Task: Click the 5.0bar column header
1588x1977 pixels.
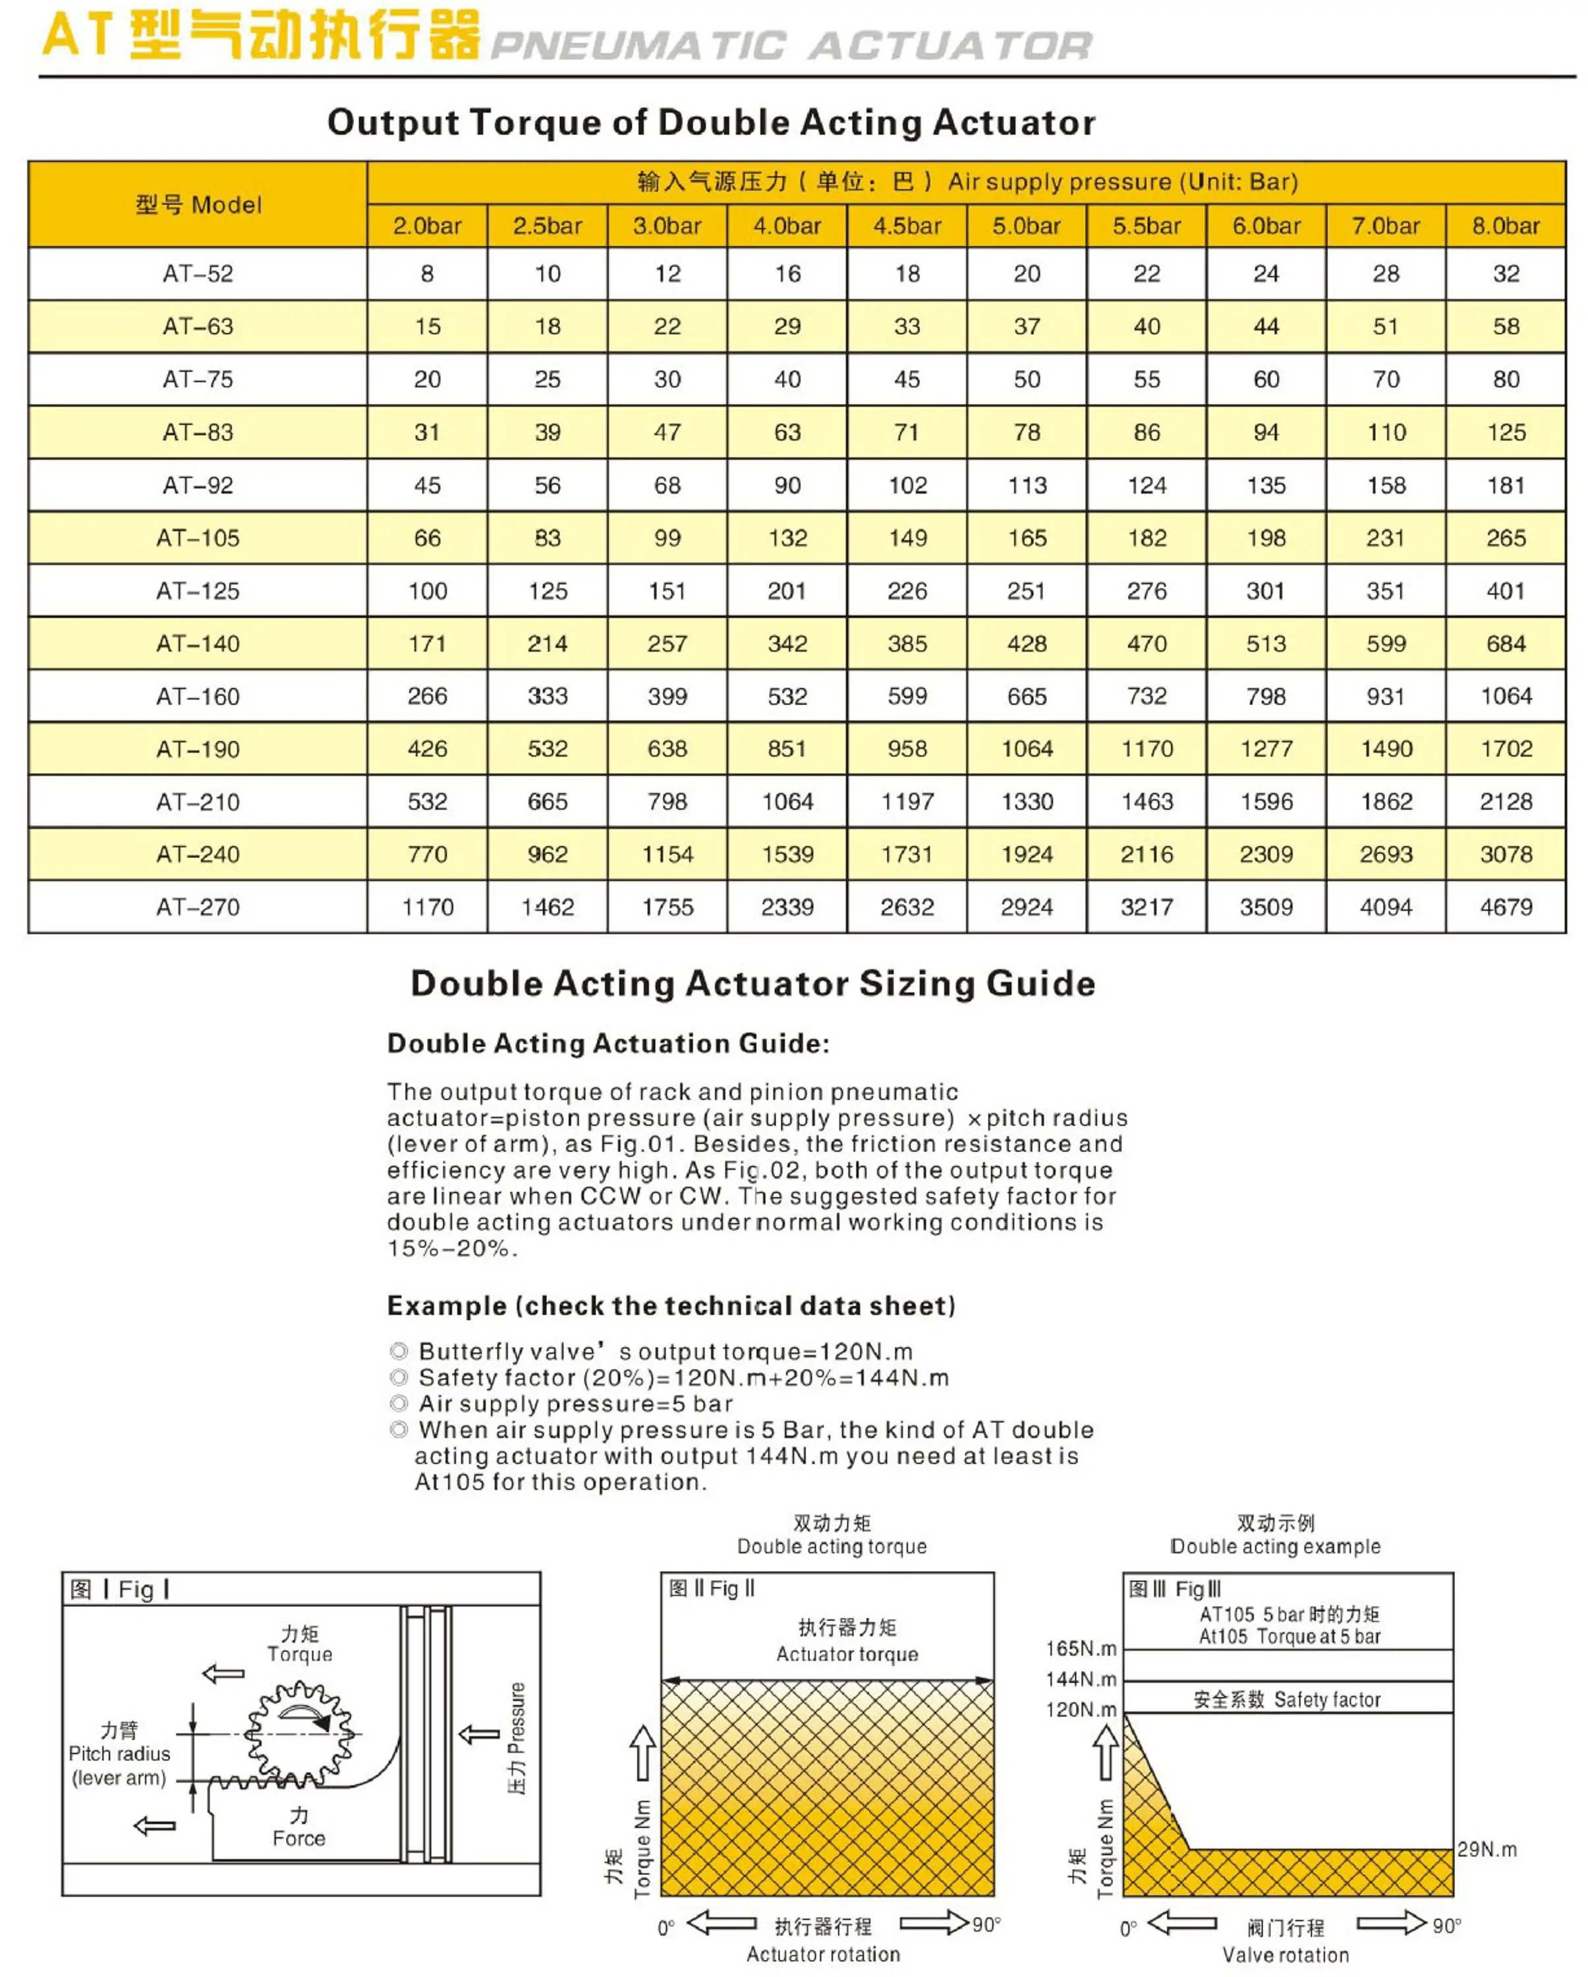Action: (x=1026, y=225)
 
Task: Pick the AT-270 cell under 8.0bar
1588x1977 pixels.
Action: (x=1506, y=907)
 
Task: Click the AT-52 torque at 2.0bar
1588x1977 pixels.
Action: (x=427, y=273)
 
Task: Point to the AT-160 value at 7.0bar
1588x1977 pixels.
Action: (x=1385, y=696)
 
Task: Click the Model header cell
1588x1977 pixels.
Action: (x=198, y=204)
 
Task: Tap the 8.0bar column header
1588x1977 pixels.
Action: (x=1506, y=225)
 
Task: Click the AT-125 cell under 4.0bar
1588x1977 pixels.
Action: (x=787, y=590)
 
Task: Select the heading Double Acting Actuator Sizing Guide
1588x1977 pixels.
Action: (x=752, y=983)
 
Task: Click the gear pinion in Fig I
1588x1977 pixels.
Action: (x=300, y=1732)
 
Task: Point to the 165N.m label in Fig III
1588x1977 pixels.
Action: (x=1081, y=1647)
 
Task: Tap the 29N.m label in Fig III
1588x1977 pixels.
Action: (x=1487, y=1848)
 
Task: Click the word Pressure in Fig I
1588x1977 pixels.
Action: (x=517, y=1717)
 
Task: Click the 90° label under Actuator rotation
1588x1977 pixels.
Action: (x=986, y=1924)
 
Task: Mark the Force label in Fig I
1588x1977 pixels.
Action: (x=299, y=1837)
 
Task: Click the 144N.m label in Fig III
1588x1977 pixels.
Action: (x=1081, y=1678)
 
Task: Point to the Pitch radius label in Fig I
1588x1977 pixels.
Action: (x=119, y=1753)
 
